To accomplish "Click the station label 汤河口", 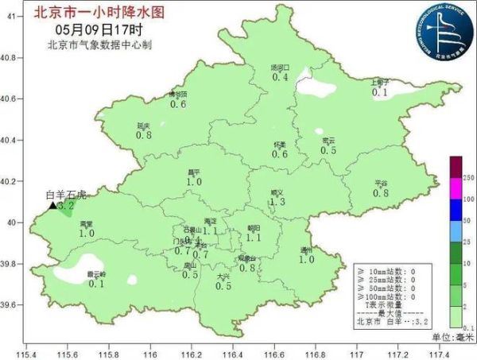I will [280, 68].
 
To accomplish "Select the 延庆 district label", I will [144, 126].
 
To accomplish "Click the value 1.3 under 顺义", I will [277, 203].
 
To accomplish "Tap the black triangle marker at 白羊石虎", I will [53, 205].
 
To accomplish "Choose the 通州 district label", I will [306, 250].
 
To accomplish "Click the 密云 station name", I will [328, 141].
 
